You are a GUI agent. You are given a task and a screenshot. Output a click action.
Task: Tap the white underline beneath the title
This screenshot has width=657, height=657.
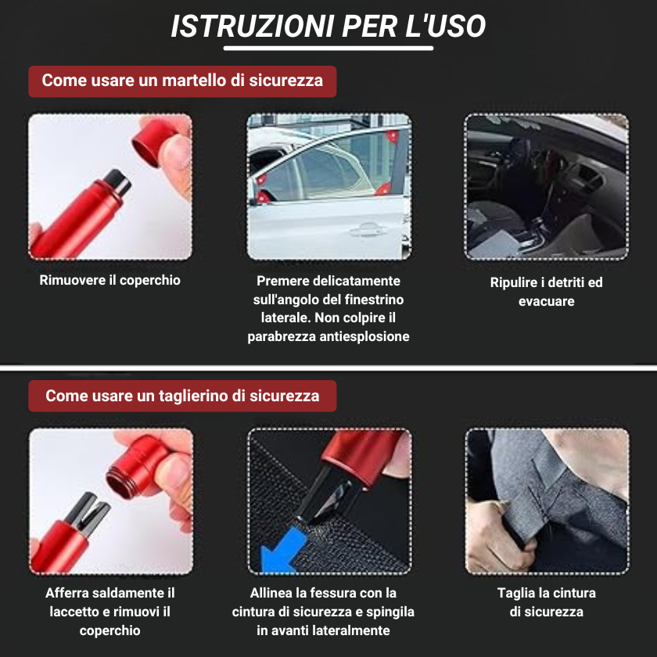coord(328,48)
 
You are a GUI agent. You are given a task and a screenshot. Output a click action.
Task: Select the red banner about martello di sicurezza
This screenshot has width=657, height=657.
coord(182,81)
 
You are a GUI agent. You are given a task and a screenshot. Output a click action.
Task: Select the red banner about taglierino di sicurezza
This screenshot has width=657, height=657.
coord(182,396)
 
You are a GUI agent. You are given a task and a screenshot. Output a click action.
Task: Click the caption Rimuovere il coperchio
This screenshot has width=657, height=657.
coord(109,280)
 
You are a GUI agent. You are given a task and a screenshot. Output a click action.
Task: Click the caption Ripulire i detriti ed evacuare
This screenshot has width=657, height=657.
coord(546,292)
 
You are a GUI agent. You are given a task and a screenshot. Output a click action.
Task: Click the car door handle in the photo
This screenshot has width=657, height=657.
coord(364,230)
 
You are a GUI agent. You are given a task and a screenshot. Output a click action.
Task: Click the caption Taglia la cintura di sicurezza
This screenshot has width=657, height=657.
coord(546,602)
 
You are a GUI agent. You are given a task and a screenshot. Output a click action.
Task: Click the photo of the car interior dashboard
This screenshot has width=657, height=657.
coord(546,186)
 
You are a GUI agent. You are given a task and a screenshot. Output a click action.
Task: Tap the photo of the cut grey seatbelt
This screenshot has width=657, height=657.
coord(546,501)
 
